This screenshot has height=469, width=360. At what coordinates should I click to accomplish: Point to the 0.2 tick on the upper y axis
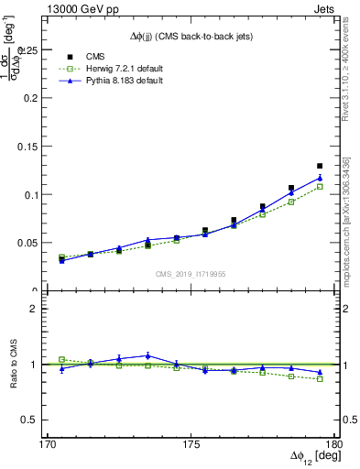(33, 97)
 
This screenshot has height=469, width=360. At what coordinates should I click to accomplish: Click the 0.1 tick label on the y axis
(33, 195)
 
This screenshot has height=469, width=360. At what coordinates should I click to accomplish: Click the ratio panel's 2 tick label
(38, 309)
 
